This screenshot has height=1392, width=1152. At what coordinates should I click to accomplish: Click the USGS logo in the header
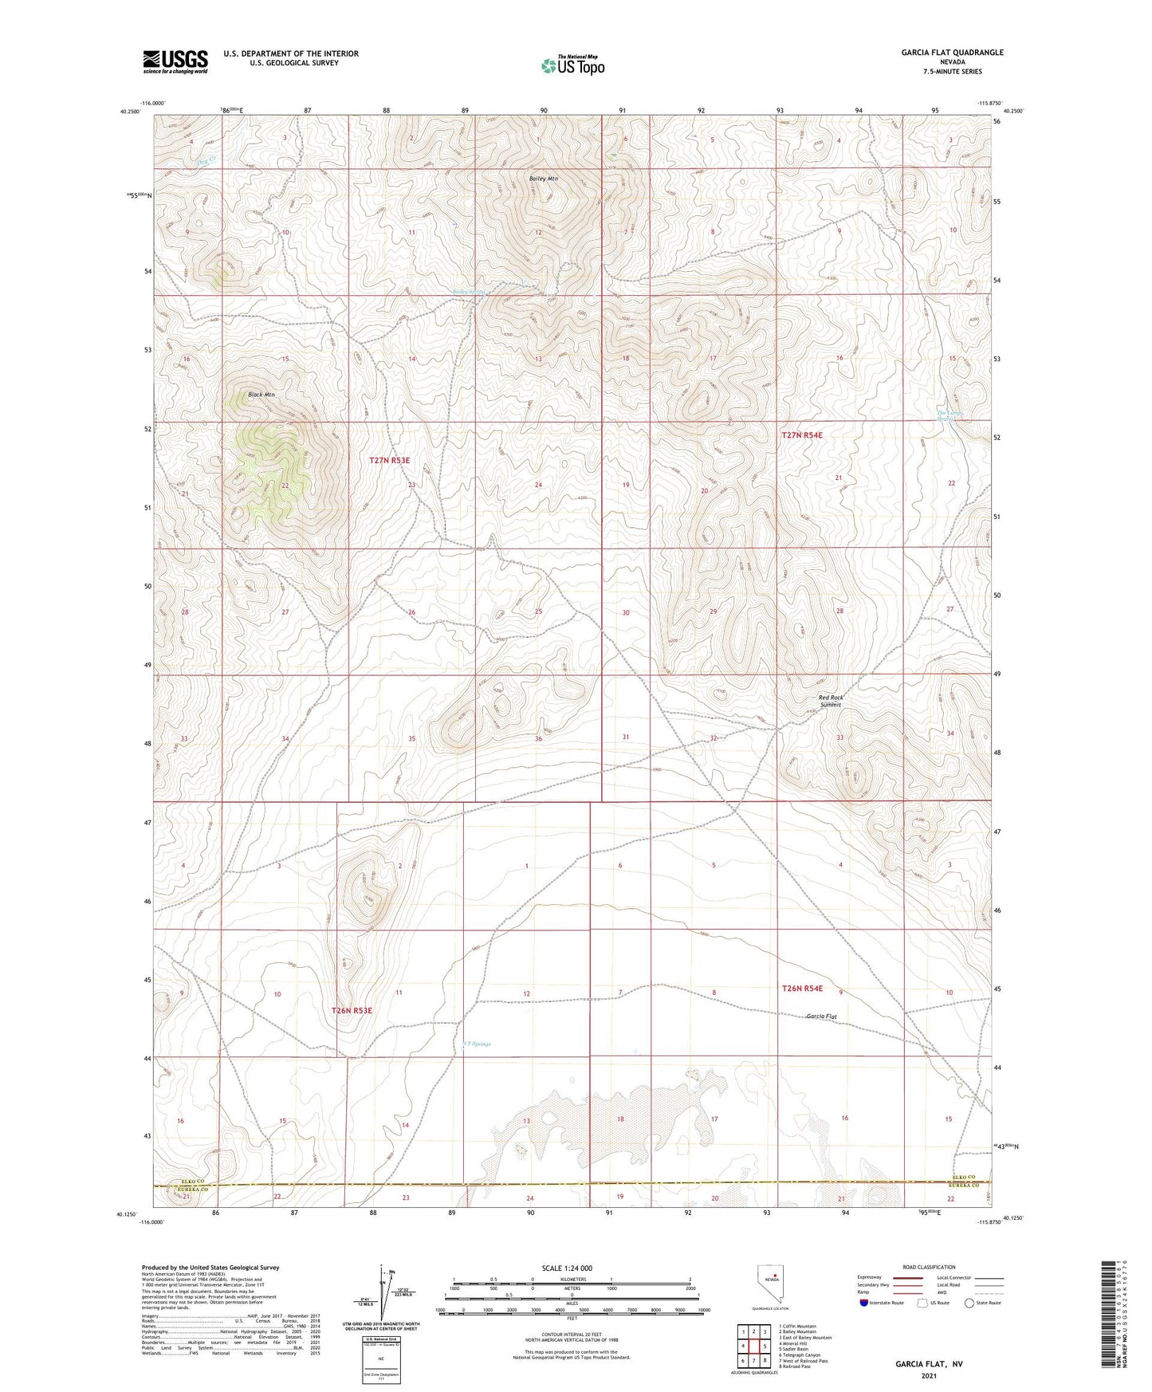click(175, 61)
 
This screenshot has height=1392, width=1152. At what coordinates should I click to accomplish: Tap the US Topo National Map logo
click(572, 65)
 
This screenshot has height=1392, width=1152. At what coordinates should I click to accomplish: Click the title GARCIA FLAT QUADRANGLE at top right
click(952, 53)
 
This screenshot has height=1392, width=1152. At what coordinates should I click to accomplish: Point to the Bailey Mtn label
click(543, 179)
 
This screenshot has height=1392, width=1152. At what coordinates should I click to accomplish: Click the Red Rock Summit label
click(831, 701)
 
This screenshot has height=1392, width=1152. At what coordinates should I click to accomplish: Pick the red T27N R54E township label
click(801, 435)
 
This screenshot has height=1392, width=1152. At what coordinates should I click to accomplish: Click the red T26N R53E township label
click(352, 1010)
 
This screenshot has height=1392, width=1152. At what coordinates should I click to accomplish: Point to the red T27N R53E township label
click(389, 460)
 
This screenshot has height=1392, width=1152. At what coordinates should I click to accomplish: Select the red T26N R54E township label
click(802, 989)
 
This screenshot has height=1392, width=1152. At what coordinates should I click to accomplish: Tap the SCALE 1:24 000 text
click(567, 1268)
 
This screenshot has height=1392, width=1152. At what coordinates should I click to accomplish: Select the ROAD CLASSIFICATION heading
click(929, 1267)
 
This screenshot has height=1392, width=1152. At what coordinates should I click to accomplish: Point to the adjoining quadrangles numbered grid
click(753, 1347)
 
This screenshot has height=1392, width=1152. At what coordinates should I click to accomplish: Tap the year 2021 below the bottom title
click(929, 1377)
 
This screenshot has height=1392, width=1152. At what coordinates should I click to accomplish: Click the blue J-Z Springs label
click(477, 1044)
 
